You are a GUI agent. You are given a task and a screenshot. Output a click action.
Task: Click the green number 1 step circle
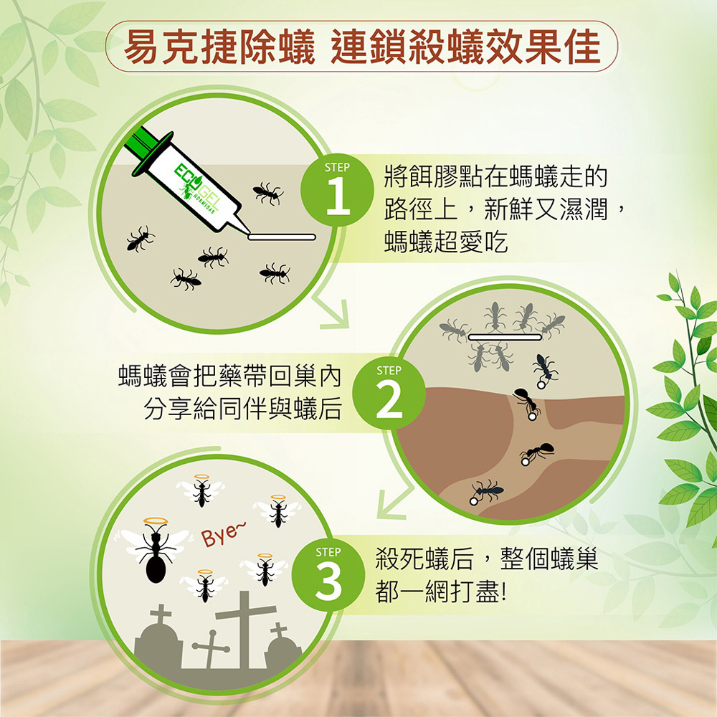point(337,190)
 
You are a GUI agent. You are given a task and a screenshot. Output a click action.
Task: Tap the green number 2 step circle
point(389,393)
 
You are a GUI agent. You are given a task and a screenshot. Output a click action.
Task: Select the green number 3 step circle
point(328,575)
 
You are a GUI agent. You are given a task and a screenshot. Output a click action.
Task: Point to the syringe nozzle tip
point(250,234)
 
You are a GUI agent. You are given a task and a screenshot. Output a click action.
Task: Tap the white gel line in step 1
point(282,237)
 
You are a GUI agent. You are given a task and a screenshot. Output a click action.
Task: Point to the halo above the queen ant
point(156,521)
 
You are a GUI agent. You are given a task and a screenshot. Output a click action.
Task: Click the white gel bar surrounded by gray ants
point(505,337)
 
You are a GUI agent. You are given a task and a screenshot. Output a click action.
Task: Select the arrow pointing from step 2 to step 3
point(394,503)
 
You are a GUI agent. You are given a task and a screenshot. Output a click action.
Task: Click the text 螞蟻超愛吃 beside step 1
point(446,242)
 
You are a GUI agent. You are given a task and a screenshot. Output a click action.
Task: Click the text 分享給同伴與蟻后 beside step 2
point(243,409)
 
